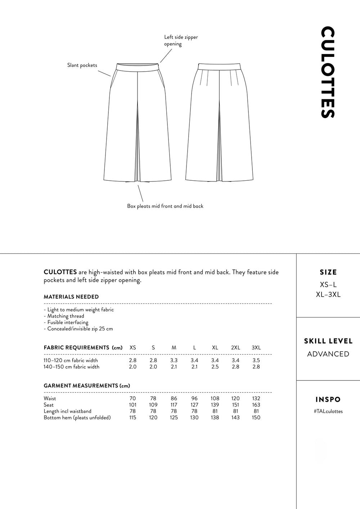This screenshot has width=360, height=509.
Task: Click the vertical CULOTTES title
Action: tap(328, 72)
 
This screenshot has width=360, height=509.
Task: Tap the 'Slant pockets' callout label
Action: tap(82, 65)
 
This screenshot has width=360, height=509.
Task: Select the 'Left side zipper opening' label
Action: tap(181, 40)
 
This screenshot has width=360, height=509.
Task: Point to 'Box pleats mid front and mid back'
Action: tap(165, 206)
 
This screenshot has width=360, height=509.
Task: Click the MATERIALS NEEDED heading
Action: tap(71, 297)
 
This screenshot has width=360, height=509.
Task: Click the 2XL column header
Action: tap(235, 348)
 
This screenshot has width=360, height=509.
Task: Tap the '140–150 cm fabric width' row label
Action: tap(71, 367)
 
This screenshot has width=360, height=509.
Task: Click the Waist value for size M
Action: tap(174, 398)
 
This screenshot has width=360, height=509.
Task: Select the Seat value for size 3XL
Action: tap(256, 405)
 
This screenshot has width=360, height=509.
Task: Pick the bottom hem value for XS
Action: tap(132, 418)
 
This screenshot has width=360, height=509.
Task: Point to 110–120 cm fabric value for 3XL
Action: tap(256, 360)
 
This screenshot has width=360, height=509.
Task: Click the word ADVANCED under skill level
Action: tap(328, 354)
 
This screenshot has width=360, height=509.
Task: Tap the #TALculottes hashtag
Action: tap(328, 411)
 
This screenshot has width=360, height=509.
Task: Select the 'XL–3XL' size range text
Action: tap(328, 295)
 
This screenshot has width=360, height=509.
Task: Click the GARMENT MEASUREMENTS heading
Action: tap(87, 386)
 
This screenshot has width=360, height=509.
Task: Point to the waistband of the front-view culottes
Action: tap(138, 66)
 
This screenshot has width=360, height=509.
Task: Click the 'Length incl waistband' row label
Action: tap(67, 411)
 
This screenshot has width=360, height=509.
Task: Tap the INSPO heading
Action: tap(328, 400)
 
